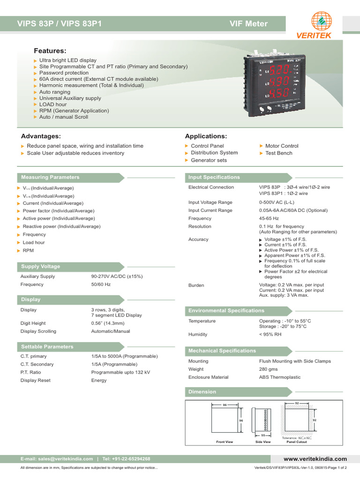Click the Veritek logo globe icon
tap(321, 21)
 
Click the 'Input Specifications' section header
tap(214, 178)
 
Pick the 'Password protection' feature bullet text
tap(64, 73)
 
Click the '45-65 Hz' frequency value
tap(269, 218)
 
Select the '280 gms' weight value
tap(269, 369)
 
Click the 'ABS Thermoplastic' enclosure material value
tap(280, 377)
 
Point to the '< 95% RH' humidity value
tap(270, 335)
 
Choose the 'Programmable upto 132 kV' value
tap(120, 372)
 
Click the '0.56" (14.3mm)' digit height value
tap(108, 323)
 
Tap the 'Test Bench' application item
tap(278, 153)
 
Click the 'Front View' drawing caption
tap(225, 442)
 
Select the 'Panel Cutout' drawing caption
tap(296, 442)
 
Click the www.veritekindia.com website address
tap(315, 459)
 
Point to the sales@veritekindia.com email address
tap(64, 459)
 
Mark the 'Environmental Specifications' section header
tap(226, 311)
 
